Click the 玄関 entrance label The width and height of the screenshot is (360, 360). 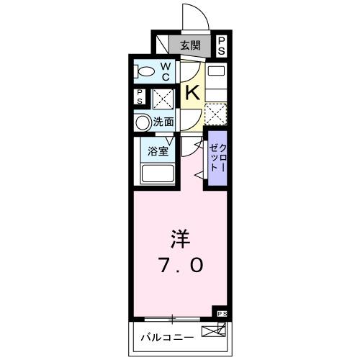[x=191, y=46]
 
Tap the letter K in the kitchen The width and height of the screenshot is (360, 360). [x=192, y=92]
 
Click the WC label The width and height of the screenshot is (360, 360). [x=164, y=72]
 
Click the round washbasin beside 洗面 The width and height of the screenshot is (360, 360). [x=142, y=122]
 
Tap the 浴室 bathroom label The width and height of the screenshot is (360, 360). [x=158, y=151]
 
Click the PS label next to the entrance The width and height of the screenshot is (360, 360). [x=222, y=46]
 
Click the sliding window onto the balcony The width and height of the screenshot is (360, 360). [x=173, y=318]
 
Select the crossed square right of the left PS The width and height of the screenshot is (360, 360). [x=161, y=97]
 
